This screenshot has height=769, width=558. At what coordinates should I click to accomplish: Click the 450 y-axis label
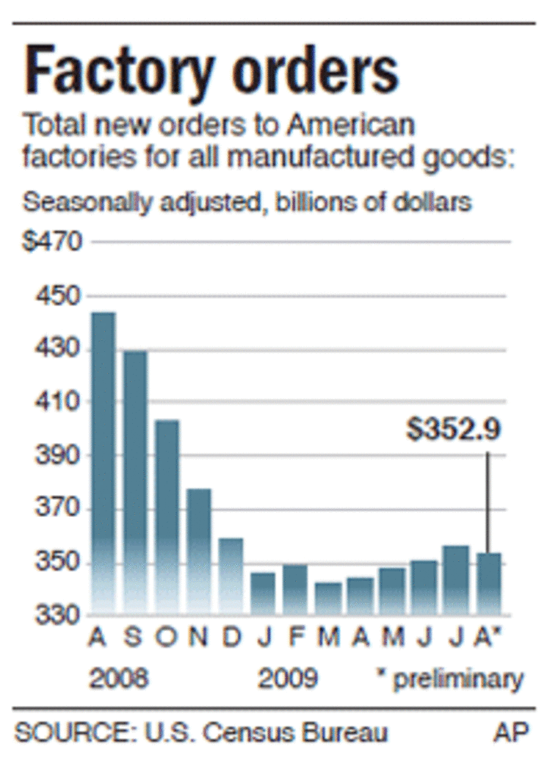[x=54, y=296]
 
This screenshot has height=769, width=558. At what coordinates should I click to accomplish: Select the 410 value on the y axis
[x=54, y=402]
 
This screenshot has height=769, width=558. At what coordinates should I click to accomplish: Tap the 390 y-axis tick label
[x=54, y=455]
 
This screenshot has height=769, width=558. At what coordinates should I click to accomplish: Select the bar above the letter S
[x=135, y=481]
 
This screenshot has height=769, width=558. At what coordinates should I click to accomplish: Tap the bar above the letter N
[x=199, y=551]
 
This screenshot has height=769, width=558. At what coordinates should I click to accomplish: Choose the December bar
[x=231, y=576]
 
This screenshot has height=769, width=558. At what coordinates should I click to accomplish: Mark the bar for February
[x=295, y=589]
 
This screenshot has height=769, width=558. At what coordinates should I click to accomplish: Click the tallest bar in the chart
[x=103, y=463]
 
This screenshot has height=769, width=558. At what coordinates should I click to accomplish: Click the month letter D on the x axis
[x=231, y=638]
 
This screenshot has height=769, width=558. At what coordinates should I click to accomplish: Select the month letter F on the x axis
[x=295, y=638]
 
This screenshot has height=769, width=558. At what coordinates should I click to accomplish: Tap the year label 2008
[x=117, y=678]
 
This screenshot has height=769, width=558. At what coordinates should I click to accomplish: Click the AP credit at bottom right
[x=510, y=733]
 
